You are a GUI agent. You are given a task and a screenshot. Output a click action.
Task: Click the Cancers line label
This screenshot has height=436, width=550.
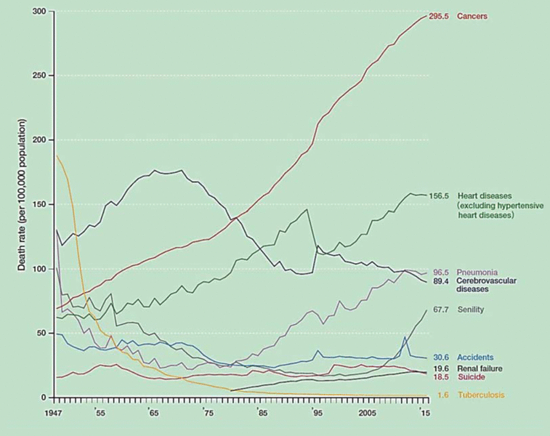click(x=472, y=16)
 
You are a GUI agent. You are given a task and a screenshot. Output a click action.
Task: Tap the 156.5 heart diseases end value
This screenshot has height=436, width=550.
click(x=442, y=196)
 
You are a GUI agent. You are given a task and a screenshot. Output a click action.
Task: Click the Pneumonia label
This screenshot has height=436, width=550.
click(x=476, y=271)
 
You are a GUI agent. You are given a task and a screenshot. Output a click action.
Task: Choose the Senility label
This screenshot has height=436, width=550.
click(x=471, y=310)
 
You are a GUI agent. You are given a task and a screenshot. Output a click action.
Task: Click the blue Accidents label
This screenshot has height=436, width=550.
click(x=475, y=358)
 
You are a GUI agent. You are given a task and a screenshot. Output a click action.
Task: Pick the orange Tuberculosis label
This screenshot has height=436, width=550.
click(x=480, y=396)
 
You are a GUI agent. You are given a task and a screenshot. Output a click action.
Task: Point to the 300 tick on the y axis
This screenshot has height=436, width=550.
click(x=38, y=12)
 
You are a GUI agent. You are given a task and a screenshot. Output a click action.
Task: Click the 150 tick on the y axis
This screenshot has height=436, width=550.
click(x=38, y=205)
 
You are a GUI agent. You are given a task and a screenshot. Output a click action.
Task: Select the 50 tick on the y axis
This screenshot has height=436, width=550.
click(x=40, y=334)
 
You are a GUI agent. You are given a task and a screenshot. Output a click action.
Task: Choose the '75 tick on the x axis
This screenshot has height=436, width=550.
click(x=209, y=412)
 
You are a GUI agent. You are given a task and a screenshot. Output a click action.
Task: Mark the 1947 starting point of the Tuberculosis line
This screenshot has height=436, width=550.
click(x=56, y=155)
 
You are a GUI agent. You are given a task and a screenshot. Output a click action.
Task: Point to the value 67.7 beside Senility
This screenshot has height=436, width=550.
click(x=443, y=310)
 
